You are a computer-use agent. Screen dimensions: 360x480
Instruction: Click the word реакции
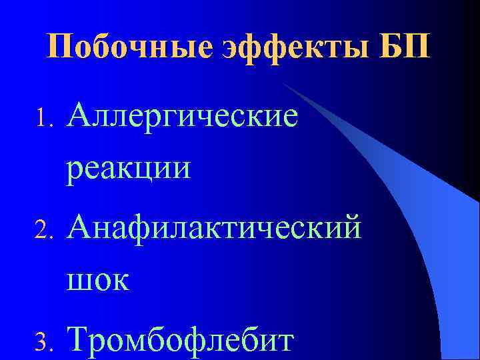(x=128, y=167)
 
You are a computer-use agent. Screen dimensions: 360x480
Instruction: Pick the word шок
(x=98, y=279)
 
